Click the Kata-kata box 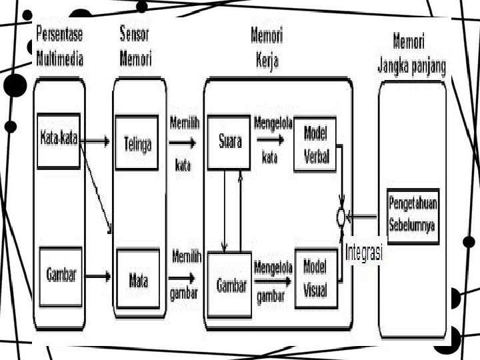point(59,140)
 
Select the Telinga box point(137,143)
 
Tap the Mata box point(137,279)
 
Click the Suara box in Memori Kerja point(229,142)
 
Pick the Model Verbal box point(315,143)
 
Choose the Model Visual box point(315,278)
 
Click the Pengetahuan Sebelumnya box point(413,217)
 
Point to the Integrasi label point(363,253)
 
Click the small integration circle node point(341,216)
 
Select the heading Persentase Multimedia point(59,47)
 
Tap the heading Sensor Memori point(135,47)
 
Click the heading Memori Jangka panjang point(411,53)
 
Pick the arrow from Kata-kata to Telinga point(97,141)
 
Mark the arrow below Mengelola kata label point(270,140)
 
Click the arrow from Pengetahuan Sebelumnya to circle point(365,216)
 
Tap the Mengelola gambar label point(273,275)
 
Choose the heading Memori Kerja point(266,48)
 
